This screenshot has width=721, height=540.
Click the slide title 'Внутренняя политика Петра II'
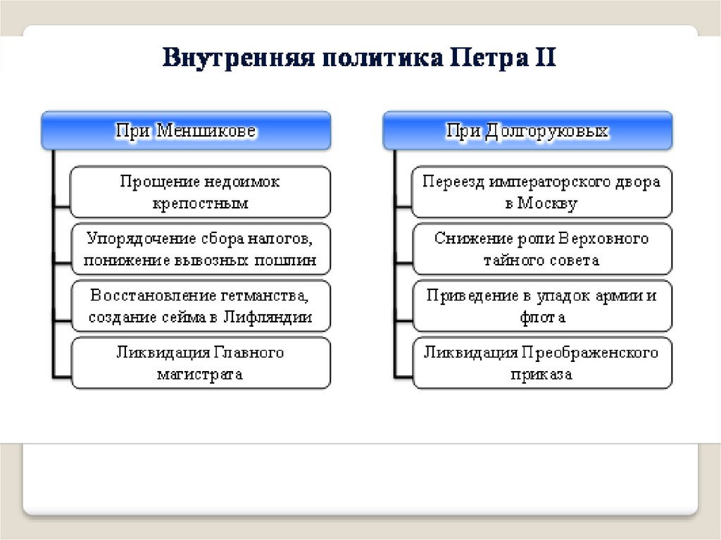pyautogui.click(x=360, y=56)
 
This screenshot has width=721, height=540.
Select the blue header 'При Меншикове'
pyautogui.click(x=186, y=130)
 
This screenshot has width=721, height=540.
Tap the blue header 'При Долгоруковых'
pyautogui.click(x=527, y=130)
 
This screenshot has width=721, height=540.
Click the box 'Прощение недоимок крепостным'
pyautogui.click(x=200, y=191)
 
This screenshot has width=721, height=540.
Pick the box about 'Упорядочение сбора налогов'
pyautogui.click(x=200, y=249)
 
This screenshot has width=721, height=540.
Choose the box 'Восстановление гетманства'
pyautogui.click(x=200, y=306)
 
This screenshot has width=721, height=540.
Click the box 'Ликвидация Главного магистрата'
pyautogui.click(x=200, y=363)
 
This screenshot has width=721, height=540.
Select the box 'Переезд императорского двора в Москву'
pyautogui.click(x=541, y=191)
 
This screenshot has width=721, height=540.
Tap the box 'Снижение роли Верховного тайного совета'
pyautogui.click(x=541, y=249)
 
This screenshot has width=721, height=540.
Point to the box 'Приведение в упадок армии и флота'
pyautogui.click(x=541, y=306)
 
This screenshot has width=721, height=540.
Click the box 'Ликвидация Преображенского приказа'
pyautogui.click(x=541, y=363)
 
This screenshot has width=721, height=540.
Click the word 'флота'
pyautogui.click(x=541, y=318)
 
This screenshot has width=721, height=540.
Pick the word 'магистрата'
pyautogui.click(x=200, y=375)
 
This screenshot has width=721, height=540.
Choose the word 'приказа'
pyautogui.click(x=541, y=375)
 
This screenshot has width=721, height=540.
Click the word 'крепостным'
pyautogui.click(x=200, y=203)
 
